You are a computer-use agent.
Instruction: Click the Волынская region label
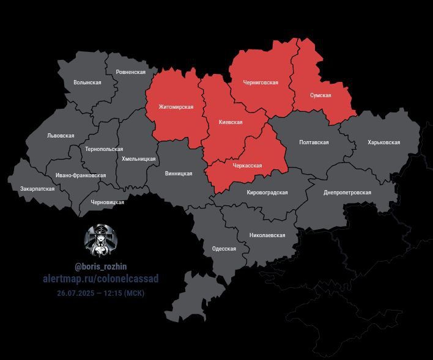[87, 82]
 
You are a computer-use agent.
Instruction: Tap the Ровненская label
[131, 72]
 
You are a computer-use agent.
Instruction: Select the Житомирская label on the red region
[176, 107]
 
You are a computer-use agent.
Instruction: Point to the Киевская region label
[231, 122]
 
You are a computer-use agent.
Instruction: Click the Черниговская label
[261, 83]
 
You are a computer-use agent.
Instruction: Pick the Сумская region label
[320, 95]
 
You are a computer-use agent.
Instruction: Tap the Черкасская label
[247, 166]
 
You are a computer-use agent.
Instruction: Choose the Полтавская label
[314, 142]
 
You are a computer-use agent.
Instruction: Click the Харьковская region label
[383, 142]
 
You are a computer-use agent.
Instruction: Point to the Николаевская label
[267, 235]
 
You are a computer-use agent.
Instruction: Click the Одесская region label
[224, 249]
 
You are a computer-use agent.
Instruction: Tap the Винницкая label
[179, 174]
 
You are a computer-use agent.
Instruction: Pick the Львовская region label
[61, 136]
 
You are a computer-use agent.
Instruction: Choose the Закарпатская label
[37, 189]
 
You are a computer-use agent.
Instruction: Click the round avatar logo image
[100, 240]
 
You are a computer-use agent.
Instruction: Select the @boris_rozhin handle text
[101, 267]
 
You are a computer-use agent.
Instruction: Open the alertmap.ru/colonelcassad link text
[101, 279]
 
